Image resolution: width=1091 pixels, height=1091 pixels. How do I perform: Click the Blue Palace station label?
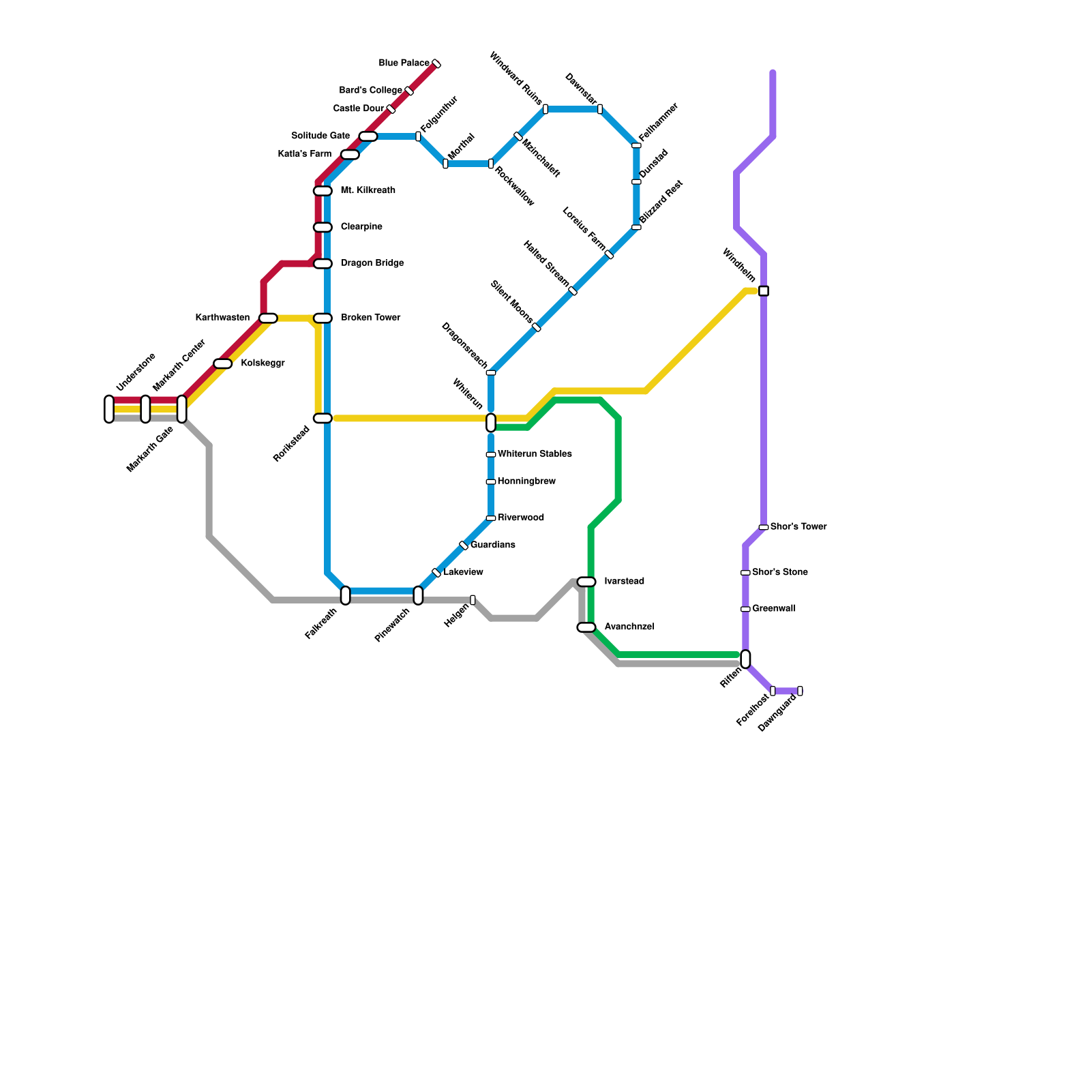click(404, 63)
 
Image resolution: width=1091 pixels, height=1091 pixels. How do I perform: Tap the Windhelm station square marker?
click(764, 291)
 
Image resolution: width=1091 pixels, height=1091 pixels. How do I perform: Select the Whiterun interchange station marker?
click(491, 423)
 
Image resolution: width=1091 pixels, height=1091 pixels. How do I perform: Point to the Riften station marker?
click(745, 659)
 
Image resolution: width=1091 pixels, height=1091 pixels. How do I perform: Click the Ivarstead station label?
click(624, 582)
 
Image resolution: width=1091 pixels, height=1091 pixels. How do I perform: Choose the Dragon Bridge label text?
click(372, 263)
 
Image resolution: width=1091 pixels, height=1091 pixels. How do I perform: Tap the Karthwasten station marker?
click(268, 318)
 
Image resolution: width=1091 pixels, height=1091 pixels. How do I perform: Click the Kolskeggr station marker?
click(223, 363)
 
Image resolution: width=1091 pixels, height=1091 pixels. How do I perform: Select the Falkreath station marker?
click(345, 595)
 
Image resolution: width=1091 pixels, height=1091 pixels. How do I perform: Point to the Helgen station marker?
click(473, 600)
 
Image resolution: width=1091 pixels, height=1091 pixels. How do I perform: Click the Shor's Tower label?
click(798, 527)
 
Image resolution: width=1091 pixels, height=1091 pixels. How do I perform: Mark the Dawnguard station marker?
click(800, 691)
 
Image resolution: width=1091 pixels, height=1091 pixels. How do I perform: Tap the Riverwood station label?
click(521, 518)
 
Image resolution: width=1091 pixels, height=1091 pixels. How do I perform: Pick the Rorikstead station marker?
click(323, 418)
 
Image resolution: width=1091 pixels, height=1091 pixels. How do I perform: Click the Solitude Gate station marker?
click(368, 136)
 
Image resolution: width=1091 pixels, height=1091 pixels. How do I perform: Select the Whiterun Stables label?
click(535, 454)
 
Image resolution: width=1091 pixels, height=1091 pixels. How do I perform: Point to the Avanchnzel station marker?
click(586, 627)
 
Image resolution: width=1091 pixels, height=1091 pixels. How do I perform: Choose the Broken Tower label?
click(371, 318)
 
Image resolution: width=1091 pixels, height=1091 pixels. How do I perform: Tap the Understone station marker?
click(109, 409)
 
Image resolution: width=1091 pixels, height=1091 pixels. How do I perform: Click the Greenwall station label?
click(773, 609)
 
